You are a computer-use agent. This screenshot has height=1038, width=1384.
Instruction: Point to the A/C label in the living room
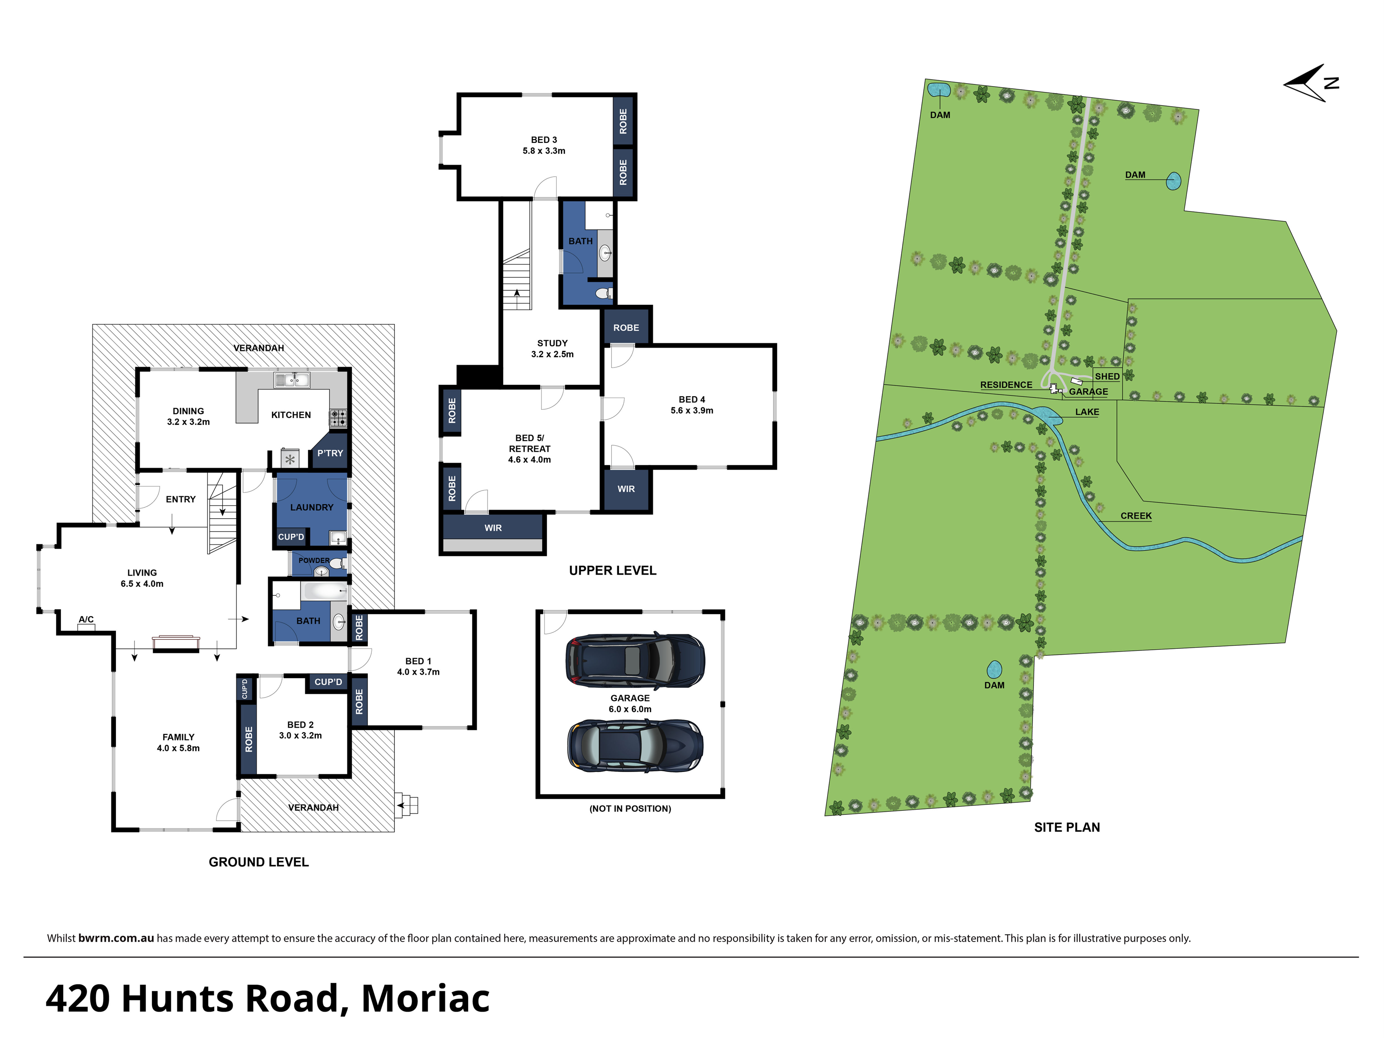[x=86, y=619]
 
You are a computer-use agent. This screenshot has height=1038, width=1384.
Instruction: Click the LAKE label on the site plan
[x=1087, y=412]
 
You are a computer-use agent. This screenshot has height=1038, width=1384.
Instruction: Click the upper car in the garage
[x=635, y=660]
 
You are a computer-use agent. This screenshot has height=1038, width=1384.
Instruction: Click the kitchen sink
[x=292, y=379]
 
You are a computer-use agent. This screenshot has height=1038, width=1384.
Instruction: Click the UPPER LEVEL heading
[x=612, y=571]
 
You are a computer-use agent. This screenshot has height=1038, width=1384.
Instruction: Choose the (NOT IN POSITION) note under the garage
[x=630, y=808]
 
